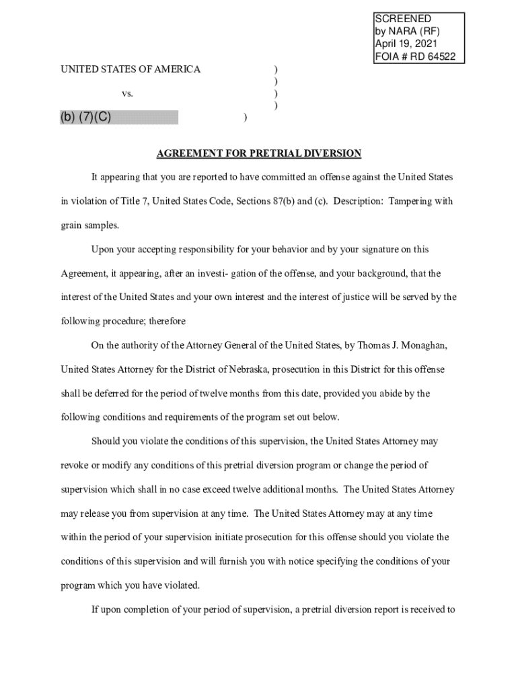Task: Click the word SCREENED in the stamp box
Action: pyautogui.click(x=403, y=19)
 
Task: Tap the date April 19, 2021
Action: pyautogui.click(x=407, y=44)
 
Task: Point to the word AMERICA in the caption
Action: pyautogui.click(x=176, y=69)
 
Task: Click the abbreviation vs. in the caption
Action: pyautogui.click(x=127, y=94)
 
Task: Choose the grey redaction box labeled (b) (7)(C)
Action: pyautogui.click(x=119, y=118)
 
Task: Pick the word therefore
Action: pyautogui.click(x=168, y=321)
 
